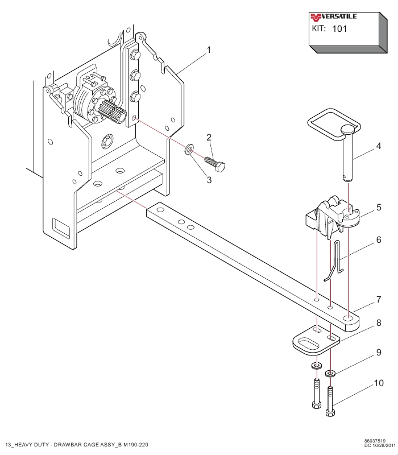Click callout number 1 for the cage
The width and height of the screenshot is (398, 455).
[209, 50]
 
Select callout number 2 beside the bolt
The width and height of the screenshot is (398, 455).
[209, 137]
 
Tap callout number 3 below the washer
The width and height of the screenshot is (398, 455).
[209, 180]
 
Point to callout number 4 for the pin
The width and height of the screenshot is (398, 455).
[378, 146]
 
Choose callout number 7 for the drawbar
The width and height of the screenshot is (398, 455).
[379, 299]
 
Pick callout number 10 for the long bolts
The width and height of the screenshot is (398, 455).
[379, 383]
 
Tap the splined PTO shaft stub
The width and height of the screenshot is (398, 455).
[113, 112]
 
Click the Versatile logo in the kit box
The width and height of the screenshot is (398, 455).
[333, 17]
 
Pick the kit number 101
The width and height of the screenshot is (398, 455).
[339, 29]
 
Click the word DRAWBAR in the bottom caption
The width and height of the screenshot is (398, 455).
[68, 445]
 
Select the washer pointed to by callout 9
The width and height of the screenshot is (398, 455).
[330, 374]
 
